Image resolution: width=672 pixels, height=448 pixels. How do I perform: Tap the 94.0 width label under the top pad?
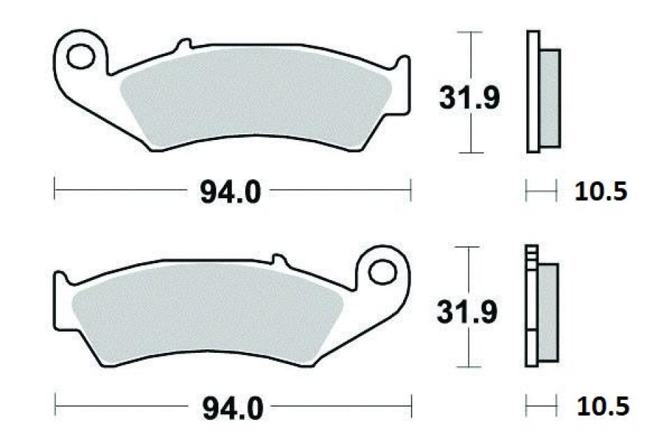[x=230, y=190]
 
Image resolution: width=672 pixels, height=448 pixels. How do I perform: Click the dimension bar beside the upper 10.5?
[x=541, y=190]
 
